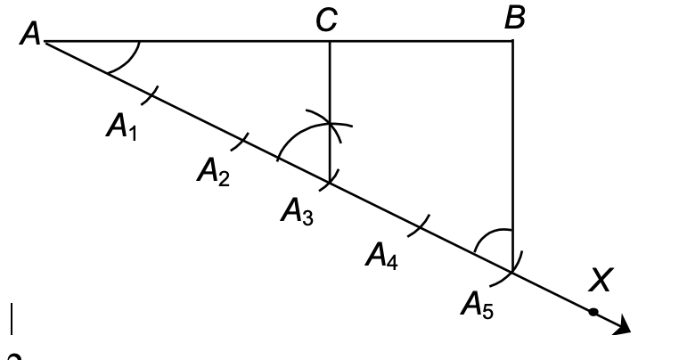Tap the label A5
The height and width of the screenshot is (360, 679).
(477, 307)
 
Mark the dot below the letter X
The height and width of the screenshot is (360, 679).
(593, 312)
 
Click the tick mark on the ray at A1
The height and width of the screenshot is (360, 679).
(151, 93)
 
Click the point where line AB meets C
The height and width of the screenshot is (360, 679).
(330, 41)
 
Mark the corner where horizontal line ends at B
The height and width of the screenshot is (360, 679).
(513, 41)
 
